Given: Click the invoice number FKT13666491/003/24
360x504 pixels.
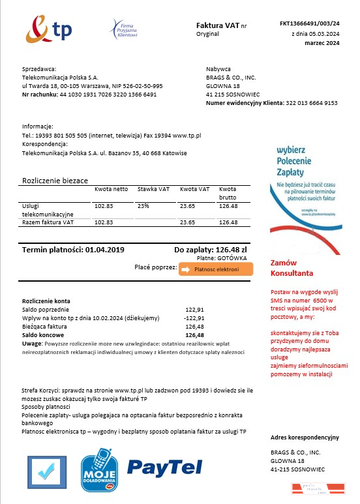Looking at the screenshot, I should coord(310,23).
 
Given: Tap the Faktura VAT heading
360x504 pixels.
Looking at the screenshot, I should coord(217,25).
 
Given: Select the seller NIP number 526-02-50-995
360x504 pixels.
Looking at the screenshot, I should coord(142,85).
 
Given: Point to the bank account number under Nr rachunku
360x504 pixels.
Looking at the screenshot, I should coord(108,95).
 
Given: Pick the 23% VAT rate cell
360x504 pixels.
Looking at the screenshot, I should coord(143,206).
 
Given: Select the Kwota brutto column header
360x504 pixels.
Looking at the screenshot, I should coord(228,193).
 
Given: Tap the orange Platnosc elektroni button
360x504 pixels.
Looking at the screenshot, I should coord(216,269).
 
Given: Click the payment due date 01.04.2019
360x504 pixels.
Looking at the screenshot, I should coord(104,250).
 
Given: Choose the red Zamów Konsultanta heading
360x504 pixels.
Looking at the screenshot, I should coord(292,268).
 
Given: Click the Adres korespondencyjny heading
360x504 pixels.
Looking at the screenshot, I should coord(305,436).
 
